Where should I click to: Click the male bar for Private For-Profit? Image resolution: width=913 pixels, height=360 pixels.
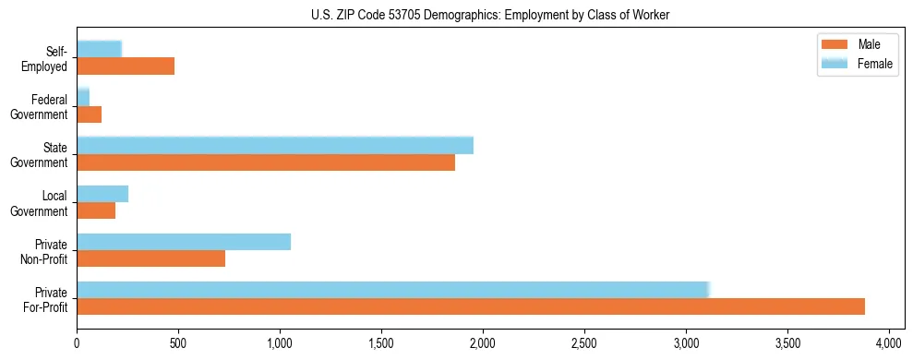471,306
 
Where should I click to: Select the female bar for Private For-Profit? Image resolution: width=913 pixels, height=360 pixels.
392,290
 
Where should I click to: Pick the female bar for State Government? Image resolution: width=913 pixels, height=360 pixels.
275,145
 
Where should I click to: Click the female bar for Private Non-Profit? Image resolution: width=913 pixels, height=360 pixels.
184,242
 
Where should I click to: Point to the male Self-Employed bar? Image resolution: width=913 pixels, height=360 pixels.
126,66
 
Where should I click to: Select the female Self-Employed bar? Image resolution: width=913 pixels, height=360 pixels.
99,49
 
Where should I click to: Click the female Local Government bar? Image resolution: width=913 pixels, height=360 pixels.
102,194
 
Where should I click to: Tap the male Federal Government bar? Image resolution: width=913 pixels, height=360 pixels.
89,114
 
